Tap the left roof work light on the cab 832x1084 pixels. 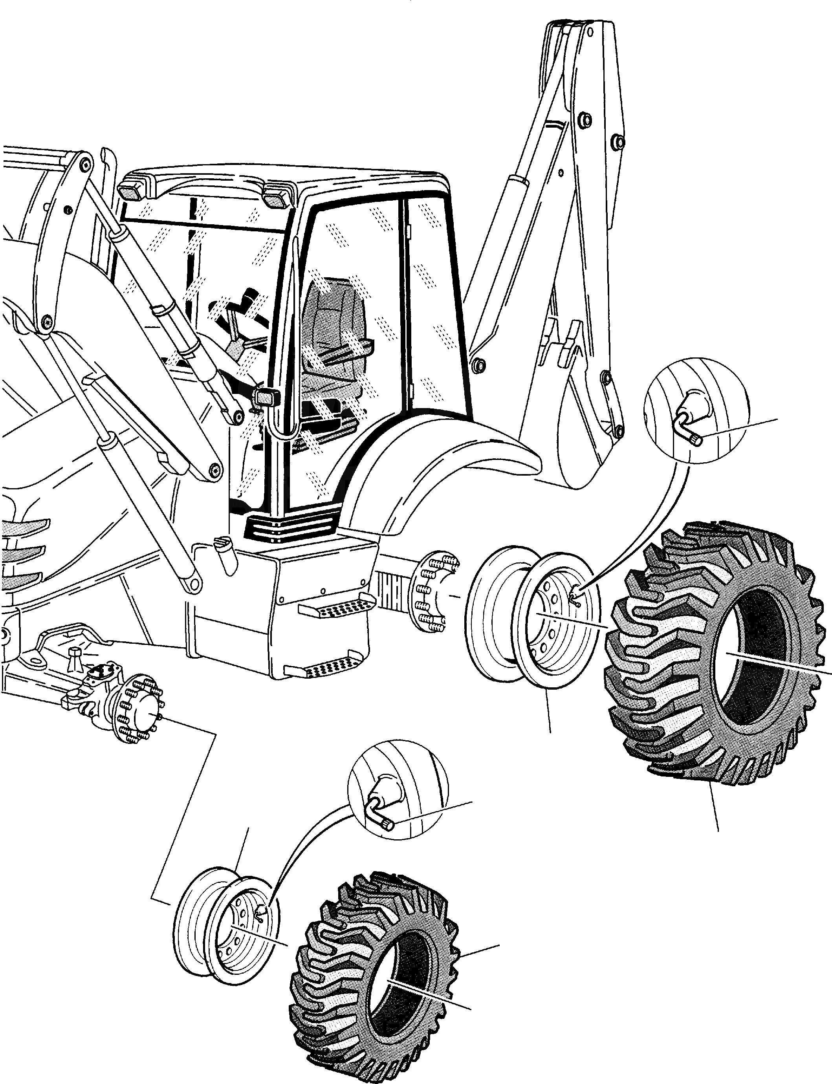(132, 190)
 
